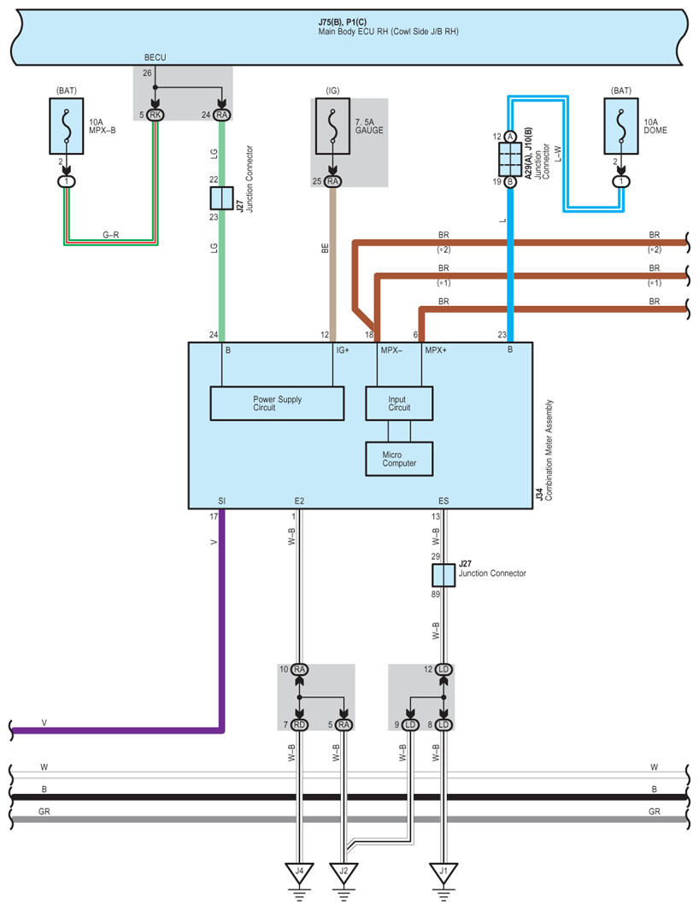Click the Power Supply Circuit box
[277, 403]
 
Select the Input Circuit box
[399, 403]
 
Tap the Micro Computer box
[399, 459]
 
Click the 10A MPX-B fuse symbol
[67, 126]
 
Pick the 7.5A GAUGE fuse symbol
[332, 126]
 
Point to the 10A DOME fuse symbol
[621, 126]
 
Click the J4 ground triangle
[300, 872]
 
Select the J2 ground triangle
[344, 872]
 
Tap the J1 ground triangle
[443, 872]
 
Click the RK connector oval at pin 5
[155, 114]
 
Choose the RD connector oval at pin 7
[300, 725]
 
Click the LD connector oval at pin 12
[443, 669]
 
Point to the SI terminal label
[222, 501]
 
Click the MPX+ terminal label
[436, 350]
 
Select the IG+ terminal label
[343, 350]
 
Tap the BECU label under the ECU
[155, 57]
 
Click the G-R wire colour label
[111, 235]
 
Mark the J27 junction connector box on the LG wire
[221, 198]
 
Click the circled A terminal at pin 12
[510, 137]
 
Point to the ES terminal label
[443, 501]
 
